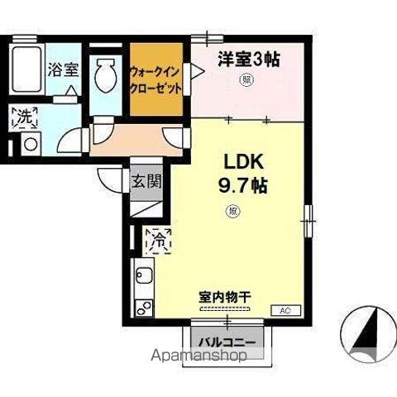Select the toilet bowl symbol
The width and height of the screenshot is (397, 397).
(x=104, y=76)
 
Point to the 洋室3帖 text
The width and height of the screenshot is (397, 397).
(x=248, y=59)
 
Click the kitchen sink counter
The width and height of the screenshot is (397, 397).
(x=143, y=290)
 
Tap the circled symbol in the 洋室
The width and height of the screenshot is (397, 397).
(x=246, y=80)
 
